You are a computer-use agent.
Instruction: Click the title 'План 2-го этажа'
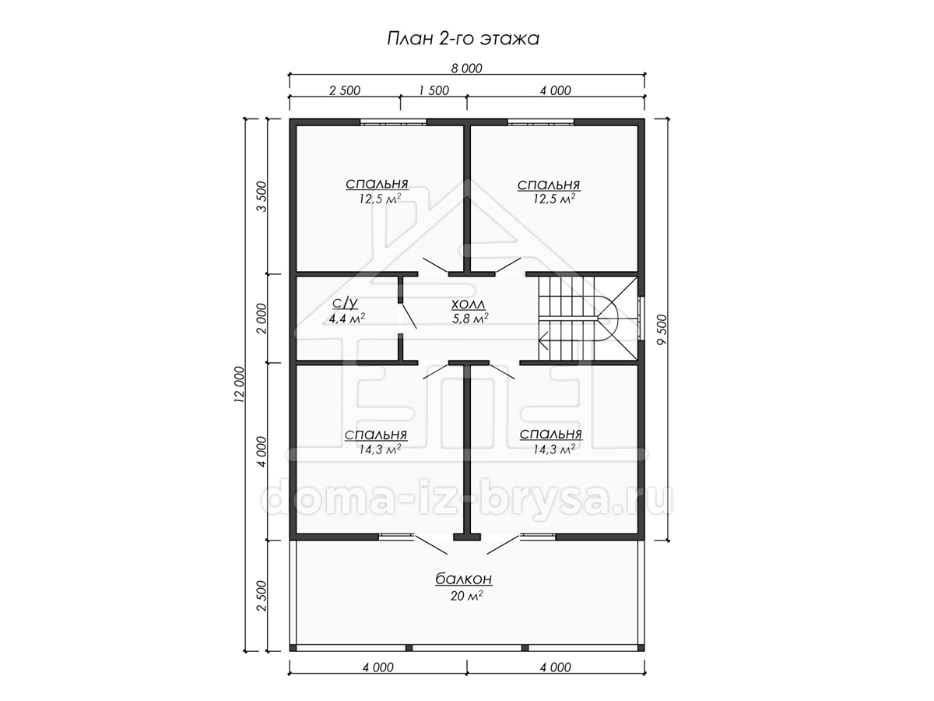click(x=463, y=39)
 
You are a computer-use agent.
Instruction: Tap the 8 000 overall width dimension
click(x=466, y=68)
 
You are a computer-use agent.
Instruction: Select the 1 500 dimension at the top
click(x=434, y=90)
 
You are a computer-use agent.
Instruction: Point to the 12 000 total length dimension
click(x=239, y=384)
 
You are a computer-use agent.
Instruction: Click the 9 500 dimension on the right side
click(x=662, y=329)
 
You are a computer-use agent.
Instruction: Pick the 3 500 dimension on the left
click(x=262, y=196)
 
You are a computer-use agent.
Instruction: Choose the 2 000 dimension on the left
click(x=262, y=319)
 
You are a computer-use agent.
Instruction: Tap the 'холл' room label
click(x=468, y=305)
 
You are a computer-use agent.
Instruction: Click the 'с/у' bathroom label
click(x=345, y=303)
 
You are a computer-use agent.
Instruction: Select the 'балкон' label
click(x=463, y=579)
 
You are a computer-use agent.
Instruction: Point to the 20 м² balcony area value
click(x=466, y=595)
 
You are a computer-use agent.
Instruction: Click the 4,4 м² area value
click(x=347, y=318)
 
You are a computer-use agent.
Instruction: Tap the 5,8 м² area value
click(x=470, y=318)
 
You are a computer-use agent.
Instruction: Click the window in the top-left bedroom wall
click(x=393, y=122)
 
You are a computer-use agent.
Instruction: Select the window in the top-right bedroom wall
click(x=540, y=122)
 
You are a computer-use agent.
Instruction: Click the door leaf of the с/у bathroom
click(x=409, y=315)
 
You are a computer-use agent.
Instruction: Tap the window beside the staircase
click(x=641, y=318)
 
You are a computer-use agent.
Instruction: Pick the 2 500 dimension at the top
click(x=345, y=90)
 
